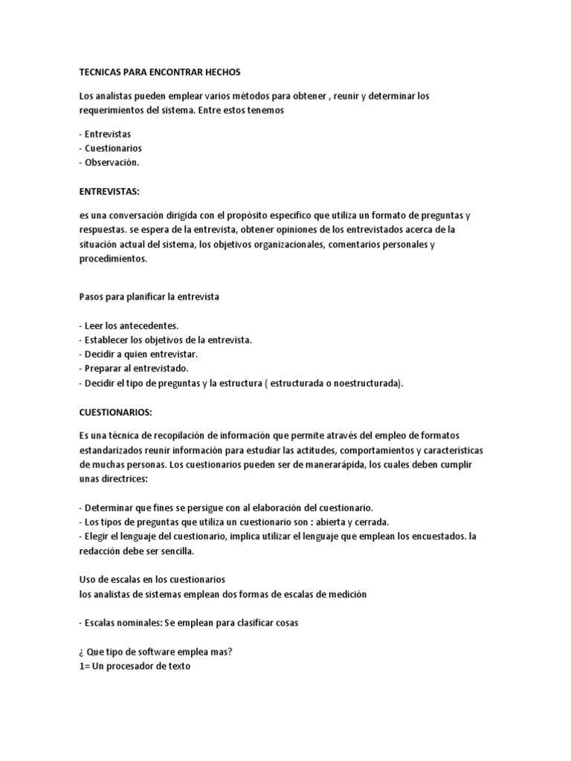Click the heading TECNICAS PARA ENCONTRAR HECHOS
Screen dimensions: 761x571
click(160, 72)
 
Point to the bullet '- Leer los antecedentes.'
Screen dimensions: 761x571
click(129, 326)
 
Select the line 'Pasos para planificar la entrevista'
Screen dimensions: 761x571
click(149, 296)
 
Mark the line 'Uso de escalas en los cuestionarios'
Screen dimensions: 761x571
click(152, 579)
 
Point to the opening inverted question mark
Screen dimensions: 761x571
click(81, 652)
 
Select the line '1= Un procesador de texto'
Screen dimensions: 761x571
click(135, 667)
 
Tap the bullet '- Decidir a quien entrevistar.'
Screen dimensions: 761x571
click(138, 354)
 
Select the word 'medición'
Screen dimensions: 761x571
click(346, 594)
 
